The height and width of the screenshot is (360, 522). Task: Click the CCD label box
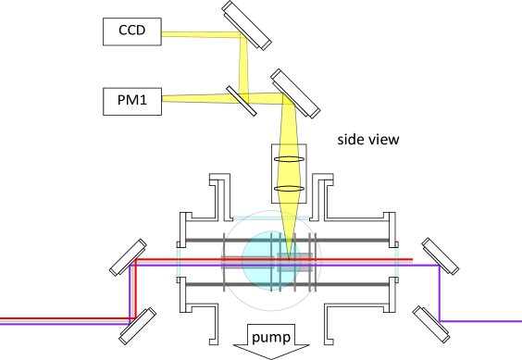click(131, 31)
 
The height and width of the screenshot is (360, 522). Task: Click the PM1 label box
click(131, 101)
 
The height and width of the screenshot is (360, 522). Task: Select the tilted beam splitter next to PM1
click(242, 101)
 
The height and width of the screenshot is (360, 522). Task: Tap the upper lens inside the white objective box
click(289, 159)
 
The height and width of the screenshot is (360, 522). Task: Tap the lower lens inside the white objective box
click(289, 189)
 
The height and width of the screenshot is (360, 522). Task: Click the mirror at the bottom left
click(137, 327)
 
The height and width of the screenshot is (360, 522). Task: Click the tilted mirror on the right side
click(440, 256)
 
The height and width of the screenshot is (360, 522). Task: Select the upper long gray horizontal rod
click(287, 240)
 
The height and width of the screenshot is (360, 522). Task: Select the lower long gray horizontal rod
click(287, 284)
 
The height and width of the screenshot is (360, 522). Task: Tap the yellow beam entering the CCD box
click(199, 35)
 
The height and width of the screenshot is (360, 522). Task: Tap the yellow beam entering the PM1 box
click(194, 98)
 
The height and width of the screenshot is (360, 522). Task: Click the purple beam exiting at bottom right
click(481, 321)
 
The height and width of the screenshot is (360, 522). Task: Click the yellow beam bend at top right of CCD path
click(243, 37)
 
